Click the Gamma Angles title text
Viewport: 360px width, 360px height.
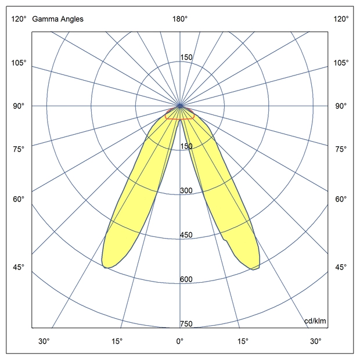[57, 19]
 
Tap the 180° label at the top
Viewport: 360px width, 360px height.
[180, 19]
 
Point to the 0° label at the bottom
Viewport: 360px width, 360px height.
[180, 341]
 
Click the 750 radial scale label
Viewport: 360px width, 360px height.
[186, 324]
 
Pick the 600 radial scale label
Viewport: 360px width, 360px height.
[186, 279]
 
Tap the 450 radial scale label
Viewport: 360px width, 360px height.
[186, 235]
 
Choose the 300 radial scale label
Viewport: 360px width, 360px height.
[186, 191]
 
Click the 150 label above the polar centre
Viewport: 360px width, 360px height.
[186, 57]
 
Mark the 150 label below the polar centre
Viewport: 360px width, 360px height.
[186, 146]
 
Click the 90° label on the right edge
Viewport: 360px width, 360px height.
[341, 106]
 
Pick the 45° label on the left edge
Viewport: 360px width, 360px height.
[19, 267]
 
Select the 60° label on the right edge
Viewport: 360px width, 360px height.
[341, 200]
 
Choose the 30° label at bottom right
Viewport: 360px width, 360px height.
[315, 341]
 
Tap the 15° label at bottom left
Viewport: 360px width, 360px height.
[117, 341]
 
